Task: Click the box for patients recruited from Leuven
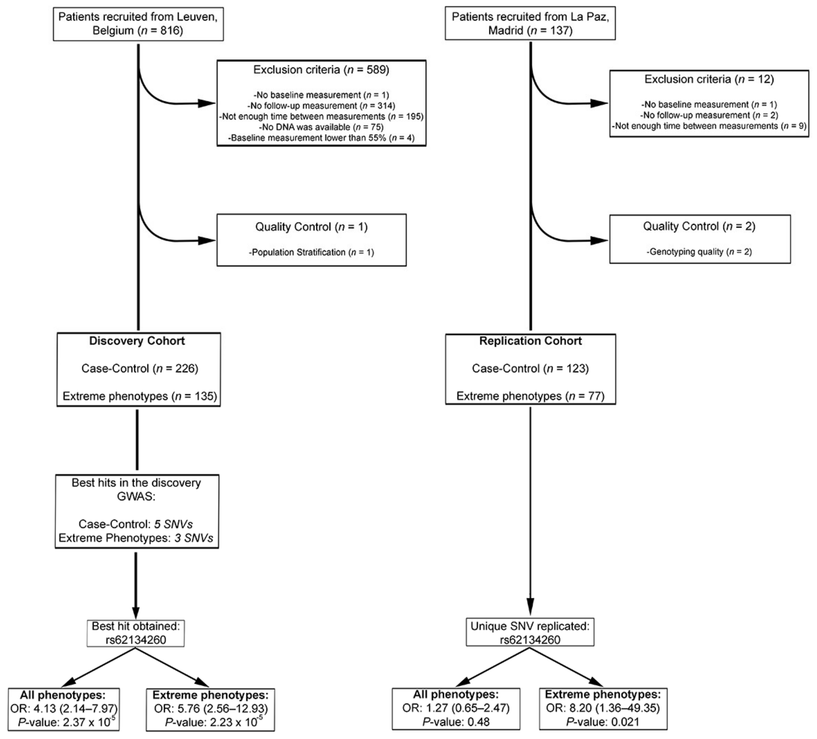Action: pyautogui.click(x=138, y=24)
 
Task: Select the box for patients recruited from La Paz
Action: pyautogui.click(x=530, y=23)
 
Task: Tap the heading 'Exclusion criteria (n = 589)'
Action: pyautogui.click(x=321, y=70)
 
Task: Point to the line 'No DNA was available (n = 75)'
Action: pyautogui.click(x=321, y=127)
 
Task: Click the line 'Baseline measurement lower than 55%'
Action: pyautogui.click(x=321, y=138)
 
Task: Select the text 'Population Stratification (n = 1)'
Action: pyautogui.click(x=311, y=252)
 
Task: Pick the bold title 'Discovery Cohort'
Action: pyautogui.click(x=137, y=341)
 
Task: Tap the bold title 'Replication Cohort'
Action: pyautogui.click(x=530, y=341)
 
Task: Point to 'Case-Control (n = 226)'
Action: pyautogui.click(x=139, y=369)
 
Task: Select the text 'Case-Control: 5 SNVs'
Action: pyautogui.click(x=136, y=524)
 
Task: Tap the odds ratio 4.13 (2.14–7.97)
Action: pyautogui.click(x=64, y=709)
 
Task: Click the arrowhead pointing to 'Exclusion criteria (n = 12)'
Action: pyautogui.click(x=599, y=103)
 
